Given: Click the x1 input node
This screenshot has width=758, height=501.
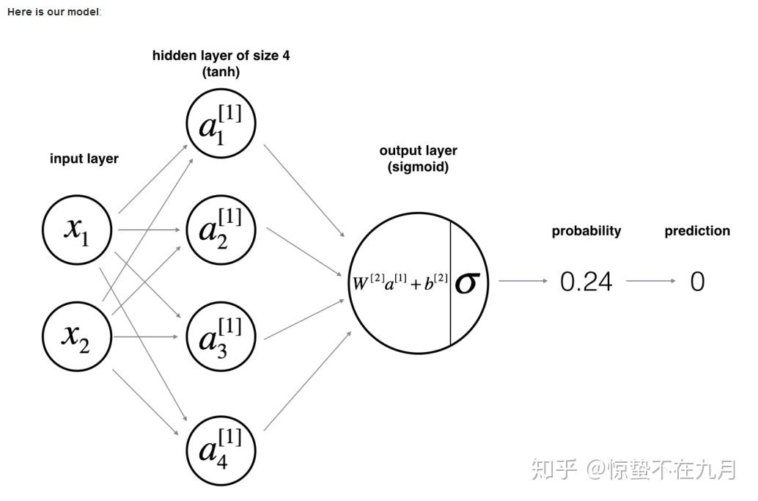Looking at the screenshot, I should coord(77,230).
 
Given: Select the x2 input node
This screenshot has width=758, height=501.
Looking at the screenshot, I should coord(77,337).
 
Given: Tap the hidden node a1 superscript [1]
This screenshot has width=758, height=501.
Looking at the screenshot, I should coord(221,123).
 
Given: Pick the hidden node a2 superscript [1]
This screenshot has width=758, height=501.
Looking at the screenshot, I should coord(221,230).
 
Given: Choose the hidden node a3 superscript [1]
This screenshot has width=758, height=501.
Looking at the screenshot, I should coord(221,337).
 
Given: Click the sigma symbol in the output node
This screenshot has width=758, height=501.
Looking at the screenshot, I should coord(466,282).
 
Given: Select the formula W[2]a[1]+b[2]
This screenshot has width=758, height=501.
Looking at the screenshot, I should coord(400,282).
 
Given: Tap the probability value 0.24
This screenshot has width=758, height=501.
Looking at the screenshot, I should coord(586,282).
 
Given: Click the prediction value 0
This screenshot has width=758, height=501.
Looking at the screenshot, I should coord(697,282).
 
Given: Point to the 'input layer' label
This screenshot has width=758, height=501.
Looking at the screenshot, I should coord(84,158).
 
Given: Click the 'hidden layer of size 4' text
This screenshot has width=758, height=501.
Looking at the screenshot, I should coord(221,56).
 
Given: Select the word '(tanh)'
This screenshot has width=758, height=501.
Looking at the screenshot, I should coord(221,72).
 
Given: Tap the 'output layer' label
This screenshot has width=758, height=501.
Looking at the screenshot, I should coord(418,150).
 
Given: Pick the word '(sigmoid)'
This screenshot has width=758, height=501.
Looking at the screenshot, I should coord(418,167).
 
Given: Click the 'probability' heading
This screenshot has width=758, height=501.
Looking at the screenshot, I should coord(586,231).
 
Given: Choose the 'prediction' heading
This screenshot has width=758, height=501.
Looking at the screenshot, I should coord(697,231).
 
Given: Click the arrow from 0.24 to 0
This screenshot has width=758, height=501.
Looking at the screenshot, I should coord(651,281).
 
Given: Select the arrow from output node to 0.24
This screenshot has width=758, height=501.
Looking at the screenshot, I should coord(523,281).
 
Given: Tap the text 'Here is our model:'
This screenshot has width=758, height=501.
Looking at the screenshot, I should coord(54,12).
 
